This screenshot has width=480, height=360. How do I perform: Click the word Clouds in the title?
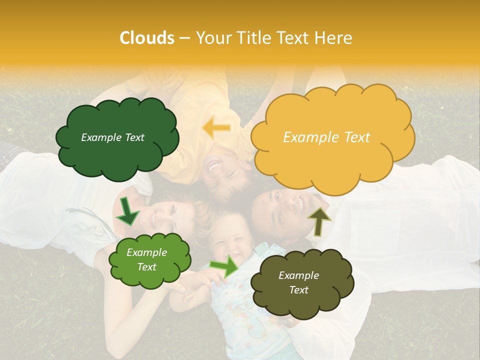coord(147,38)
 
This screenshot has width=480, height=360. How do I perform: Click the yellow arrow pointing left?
coord(216,128)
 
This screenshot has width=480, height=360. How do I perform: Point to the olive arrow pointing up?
coord(319,221)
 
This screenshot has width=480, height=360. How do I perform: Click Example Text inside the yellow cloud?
coord(326,137)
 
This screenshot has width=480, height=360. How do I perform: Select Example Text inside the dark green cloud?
coord(112,137)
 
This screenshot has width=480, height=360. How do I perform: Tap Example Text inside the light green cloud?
coord(147,260)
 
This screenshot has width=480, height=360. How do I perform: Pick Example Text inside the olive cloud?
coord(298,282)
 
